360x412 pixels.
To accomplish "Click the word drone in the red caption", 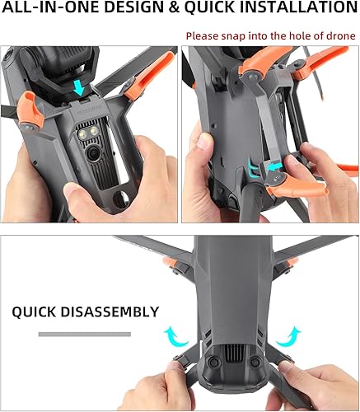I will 339,36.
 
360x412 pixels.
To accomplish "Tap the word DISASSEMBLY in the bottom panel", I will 110,312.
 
